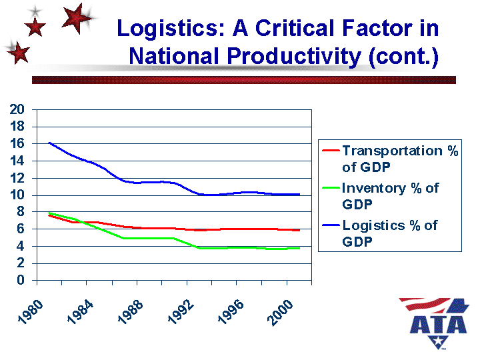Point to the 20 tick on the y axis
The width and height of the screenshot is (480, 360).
17,109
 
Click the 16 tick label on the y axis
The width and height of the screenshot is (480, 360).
17,143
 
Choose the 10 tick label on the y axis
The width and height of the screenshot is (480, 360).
17,195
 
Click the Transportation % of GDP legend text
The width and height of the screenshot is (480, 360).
399,159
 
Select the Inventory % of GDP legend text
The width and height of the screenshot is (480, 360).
390,196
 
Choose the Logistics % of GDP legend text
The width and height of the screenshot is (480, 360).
389,233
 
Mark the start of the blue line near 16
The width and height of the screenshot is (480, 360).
49,143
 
